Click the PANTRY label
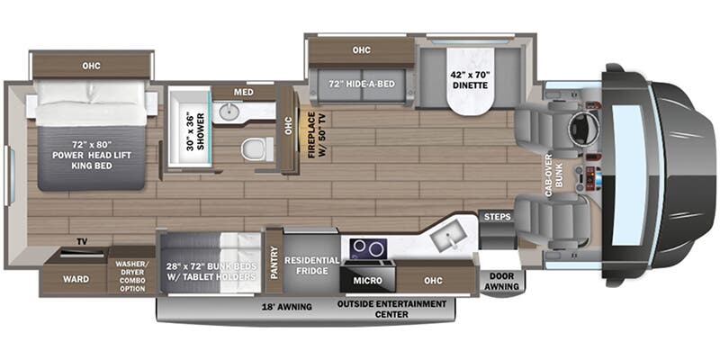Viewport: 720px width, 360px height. point(274,259)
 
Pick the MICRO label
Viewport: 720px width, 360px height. point(367,281)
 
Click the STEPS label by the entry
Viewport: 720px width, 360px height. point(497,217)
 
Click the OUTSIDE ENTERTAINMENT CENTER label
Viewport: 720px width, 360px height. point(391,309)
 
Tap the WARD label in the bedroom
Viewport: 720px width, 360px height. point(76,279)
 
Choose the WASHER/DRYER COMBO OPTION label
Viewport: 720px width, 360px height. point(131,274)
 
